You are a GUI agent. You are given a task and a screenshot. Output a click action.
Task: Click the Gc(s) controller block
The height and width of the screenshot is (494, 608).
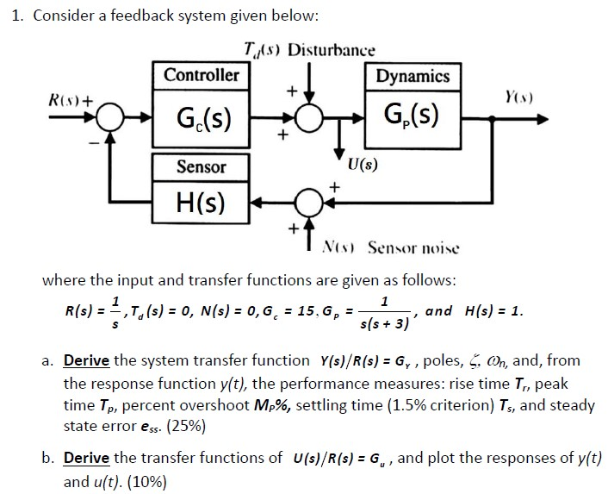pyautogui.click(x=196, y=116)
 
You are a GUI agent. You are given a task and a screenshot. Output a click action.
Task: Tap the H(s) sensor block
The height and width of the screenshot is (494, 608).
pyautogui.click(x=200, y=203)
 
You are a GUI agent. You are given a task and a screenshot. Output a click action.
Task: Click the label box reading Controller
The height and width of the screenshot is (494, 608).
pyautogui.click(x=201, y=74)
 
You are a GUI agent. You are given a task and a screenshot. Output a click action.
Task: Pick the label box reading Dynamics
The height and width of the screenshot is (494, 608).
pyautogui.click(x=412, y=76)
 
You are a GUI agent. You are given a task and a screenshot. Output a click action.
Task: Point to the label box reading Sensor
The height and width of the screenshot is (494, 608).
pyautogui.click(x=201, y=166)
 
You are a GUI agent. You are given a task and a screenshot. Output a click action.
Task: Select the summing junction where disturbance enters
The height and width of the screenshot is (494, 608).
pyautogui.click(x=308, y=116)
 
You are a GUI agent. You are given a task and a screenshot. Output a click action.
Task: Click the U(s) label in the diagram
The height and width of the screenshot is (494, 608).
pyautogui.click(x=362, y=163)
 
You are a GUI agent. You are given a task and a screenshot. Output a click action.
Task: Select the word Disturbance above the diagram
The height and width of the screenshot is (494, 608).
pyautogui.click(x=332, y=49)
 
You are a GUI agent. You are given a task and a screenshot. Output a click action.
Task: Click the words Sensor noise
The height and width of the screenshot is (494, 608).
pyautogui.click(x=413, y=248)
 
